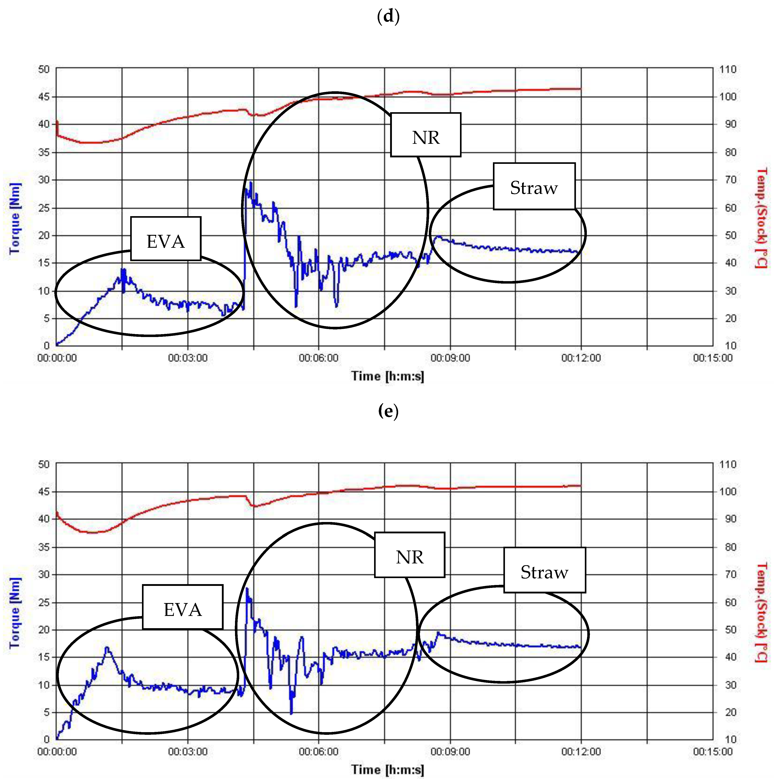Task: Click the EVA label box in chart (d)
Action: click(x=166, y=239)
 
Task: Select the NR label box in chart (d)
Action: click(x=425, y=135)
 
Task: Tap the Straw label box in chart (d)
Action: click(x=534, y=187)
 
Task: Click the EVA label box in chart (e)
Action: click(x=182, y=607)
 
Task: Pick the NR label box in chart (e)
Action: click(x=409, y=555)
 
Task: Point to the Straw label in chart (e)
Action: click(x=544, y=570)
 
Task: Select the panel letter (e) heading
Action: click(x=388, y=411)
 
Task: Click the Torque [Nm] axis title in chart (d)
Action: click(x=15, y=219)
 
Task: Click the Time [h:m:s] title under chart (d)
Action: click(x=388, y=376)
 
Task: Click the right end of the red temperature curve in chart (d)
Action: click(x=580, y=88)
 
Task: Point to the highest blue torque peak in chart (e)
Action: click(x=247, y=588)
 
